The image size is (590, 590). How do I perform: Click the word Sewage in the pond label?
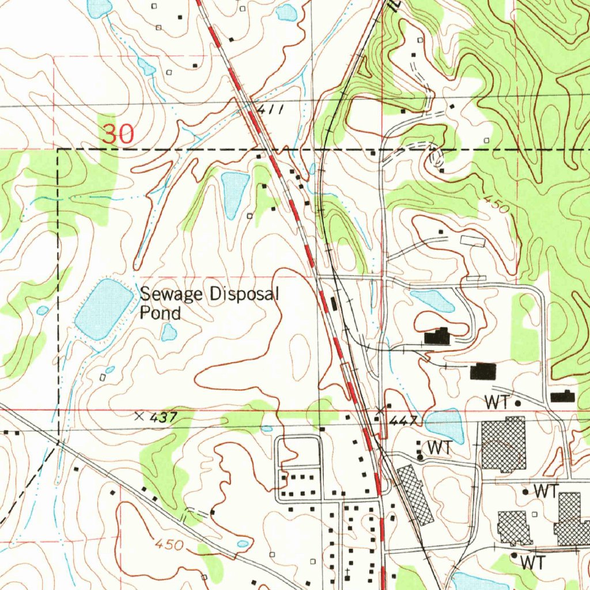[x=172, y=295]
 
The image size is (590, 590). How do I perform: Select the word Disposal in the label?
[x=244, y=295]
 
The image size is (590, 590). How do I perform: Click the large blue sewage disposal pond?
[x=104, y=309]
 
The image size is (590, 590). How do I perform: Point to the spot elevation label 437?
[x=161, y=416]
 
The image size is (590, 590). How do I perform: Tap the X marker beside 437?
[x=138, y=415]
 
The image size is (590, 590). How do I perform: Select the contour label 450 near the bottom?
[x=169, y=544]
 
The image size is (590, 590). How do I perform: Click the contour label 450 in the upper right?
[x=496, y=205]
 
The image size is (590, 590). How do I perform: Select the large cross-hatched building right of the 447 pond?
[x=504, y=444]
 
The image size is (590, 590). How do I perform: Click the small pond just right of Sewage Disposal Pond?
[x=169, y=332]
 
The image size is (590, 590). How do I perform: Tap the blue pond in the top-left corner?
[x=99, y=7]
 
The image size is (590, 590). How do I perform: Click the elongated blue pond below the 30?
[x=235, y=194]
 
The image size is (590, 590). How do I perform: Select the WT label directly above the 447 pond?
[x=496, y=403]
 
